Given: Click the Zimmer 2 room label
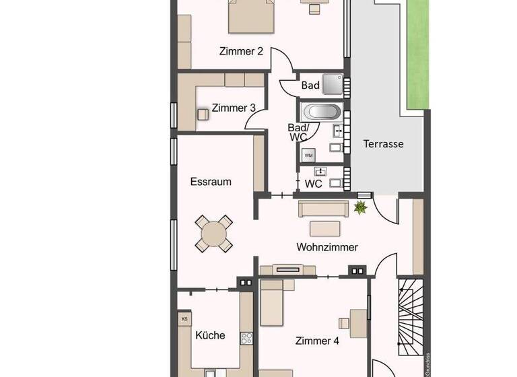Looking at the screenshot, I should [240, 50].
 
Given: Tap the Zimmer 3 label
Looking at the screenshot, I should [233, 108].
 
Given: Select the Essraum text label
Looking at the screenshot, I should [211, 182].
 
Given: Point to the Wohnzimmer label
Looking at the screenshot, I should [327, 247].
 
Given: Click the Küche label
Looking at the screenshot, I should [210, 335].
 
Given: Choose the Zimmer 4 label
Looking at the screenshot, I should [317, 341].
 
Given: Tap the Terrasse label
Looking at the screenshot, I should [383, 143].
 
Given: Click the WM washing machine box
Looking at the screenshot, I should [309, 156].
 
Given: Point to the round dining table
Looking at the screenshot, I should [215, 234].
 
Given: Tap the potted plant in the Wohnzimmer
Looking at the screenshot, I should [361, 207].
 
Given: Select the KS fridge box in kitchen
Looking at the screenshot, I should [183, 318].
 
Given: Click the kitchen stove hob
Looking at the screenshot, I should [246, 338].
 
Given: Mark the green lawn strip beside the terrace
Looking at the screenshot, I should [418, 54].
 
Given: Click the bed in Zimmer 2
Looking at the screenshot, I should [252, 17].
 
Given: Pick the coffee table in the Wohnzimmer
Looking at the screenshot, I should [326, 227].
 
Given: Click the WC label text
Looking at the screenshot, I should [313, 184].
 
